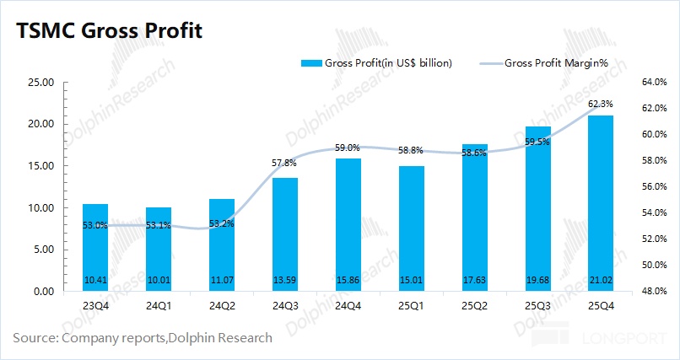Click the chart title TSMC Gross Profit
click(109, 31)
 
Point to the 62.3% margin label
click(601, 104)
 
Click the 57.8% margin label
click(285, 163)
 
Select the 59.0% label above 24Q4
click(348, 148)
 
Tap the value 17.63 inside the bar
click(474, 280)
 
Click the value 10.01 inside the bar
click(159, 280)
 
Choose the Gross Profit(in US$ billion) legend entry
click(377, 63)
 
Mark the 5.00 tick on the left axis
click(43, 250)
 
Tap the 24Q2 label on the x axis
click(222, 307)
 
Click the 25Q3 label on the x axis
click(537, 307)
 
